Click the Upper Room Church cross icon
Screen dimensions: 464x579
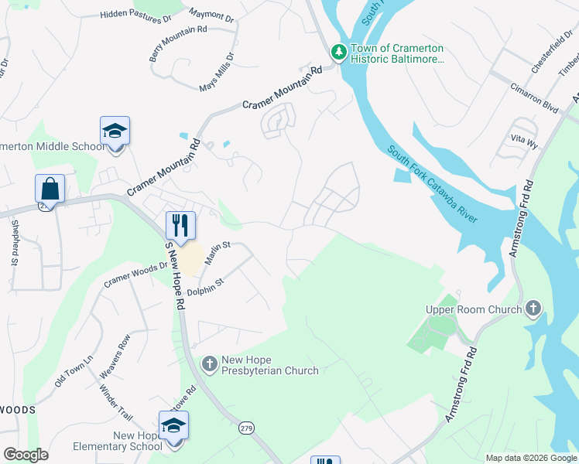[533, 309]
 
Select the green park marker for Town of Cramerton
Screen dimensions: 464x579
[338, 53]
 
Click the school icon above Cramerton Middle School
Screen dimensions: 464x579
[115, 131]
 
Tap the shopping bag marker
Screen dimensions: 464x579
[50, 189]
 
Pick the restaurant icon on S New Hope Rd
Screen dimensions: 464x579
[180, 226]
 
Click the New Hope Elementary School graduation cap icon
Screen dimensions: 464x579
[173, 426]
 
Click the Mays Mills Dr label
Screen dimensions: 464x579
[217, 71]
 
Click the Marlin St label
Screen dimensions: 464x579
[218, 253]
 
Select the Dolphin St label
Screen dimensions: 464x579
[205, 288]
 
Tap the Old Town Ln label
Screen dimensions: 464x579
[74, 370]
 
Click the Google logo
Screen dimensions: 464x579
[26, 455]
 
